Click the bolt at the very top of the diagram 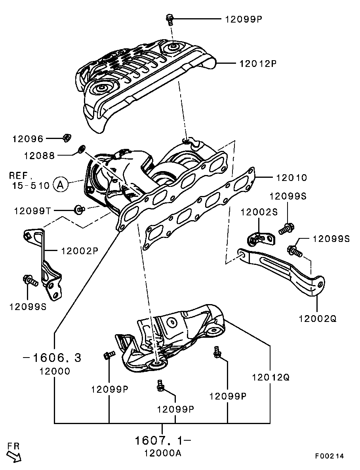tap(170, 19)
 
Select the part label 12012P tap(258, 63)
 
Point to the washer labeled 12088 tap(81, 148)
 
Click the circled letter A tap(60, 185)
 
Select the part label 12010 tap(291, 178)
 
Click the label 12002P tap(80, 251)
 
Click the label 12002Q tap(318, 318)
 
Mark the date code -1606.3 tap(52, 358)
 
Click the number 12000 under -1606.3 tap(55, 371)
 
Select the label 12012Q tap(270, 377)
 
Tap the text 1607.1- tap(163, 441)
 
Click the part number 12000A tap(163, 453)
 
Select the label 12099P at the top tap(244, 19)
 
